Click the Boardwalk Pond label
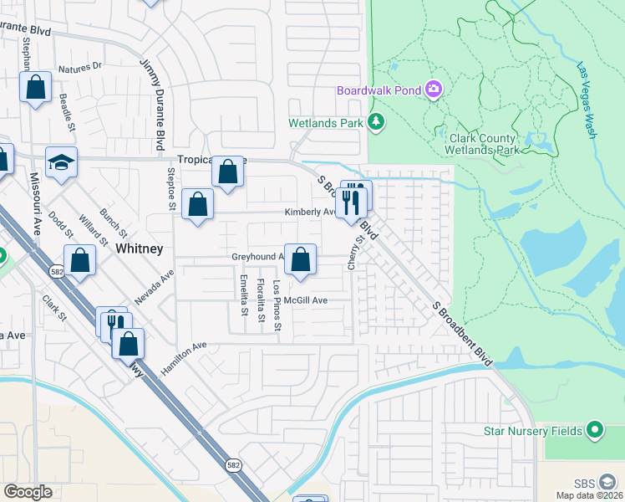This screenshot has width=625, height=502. pyautogui.click(x=379, y=90)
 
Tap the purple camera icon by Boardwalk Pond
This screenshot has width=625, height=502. pyautogui.click(x=434, y=90)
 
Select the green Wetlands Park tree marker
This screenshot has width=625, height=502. pyautogui.click(x=377, y=122)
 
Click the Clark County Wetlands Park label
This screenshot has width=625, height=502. pyautogui.click(x=485, y=144)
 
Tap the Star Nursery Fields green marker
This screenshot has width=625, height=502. pyautogui.click(x=594, y=431)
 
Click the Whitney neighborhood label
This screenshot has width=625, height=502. pyautogui.click(x=139, y=249)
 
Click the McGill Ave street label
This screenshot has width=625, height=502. pyautogui.click(x=305, y=300)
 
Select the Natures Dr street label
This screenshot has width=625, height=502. pyautogui.click(x=79, y=65)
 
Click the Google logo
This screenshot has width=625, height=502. pyautogui.click(x=28, y=492)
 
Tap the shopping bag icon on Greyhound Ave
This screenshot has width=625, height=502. pyautogui.click(x=300, y=260)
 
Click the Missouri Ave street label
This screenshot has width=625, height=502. pyautogui.click(x=36, y=205)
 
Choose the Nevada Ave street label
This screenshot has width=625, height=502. pyautogui.click(x=155, y=286)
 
